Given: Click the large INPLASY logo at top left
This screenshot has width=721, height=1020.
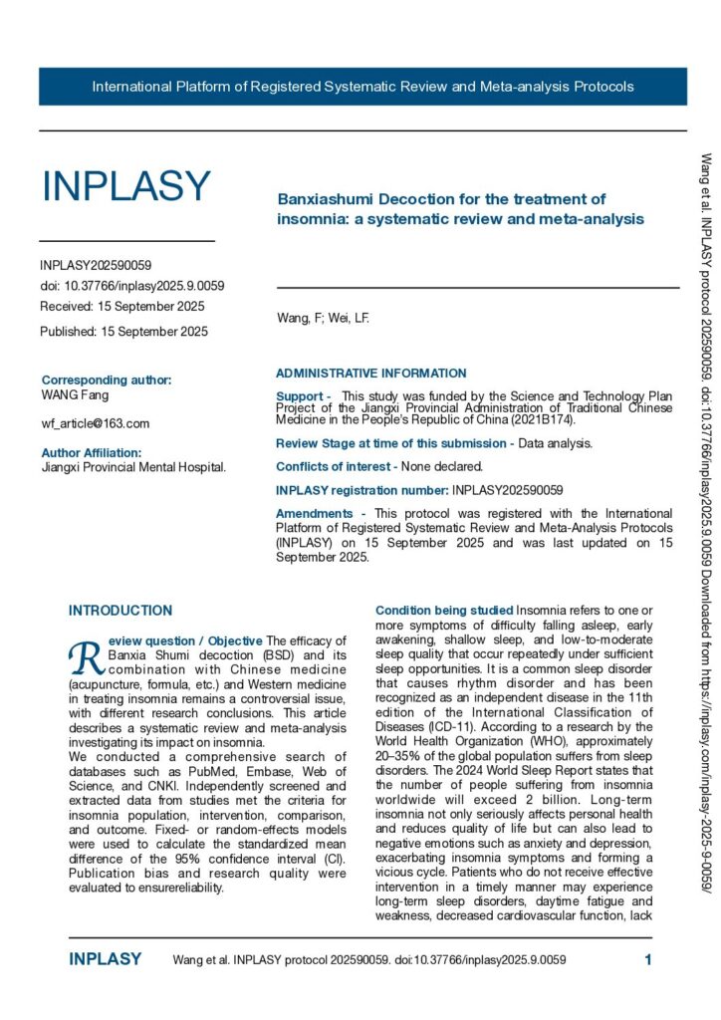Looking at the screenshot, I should click(125, 186).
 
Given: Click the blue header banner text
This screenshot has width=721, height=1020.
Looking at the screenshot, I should click(362, 87).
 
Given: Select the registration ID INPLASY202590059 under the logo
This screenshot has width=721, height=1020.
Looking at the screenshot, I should click(96, 266).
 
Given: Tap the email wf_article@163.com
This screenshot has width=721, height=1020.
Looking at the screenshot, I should click(96, 423).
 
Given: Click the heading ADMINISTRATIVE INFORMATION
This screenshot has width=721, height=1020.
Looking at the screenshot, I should click(370, 374).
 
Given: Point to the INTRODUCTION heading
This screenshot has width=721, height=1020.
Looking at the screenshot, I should click(120, 611).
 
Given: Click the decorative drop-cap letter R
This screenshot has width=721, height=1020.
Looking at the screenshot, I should click(85, 654).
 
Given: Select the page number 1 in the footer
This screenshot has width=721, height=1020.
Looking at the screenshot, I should click(648, 960).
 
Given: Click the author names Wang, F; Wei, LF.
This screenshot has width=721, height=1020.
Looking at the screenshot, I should click(322, 319).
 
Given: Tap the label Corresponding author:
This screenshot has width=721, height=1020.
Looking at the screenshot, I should click(107, 380).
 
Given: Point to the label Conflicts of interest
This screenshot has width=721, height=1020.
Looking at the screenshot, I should click(337, 466).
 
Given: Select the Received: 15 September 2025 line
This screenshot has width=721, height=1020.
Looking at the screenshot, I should click(121, 306).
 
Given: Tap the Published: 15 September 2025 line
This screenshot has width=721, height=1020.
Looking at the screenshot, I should click(124, 331).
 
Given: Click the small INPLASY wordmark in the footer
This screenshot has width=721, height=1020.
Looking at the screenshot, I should click(105, 960).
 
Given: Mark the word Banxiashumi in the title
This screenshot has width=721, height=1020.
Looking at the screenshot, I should click(322, 199).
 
